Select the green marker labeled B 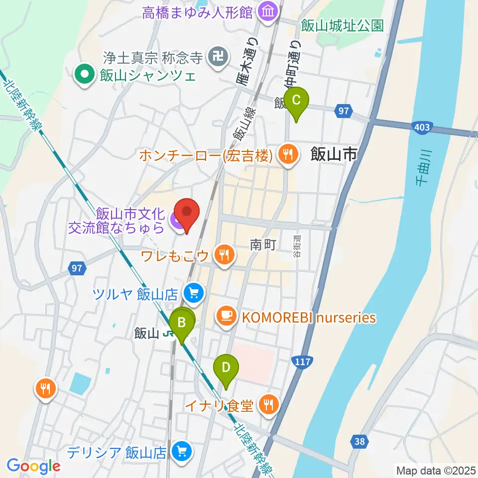(182, 324)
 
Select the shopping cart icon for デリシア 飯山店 (180, 453)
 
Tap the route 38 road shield (359, 441)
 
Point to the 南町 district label (262, 245)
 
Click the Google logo (34, 466)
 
